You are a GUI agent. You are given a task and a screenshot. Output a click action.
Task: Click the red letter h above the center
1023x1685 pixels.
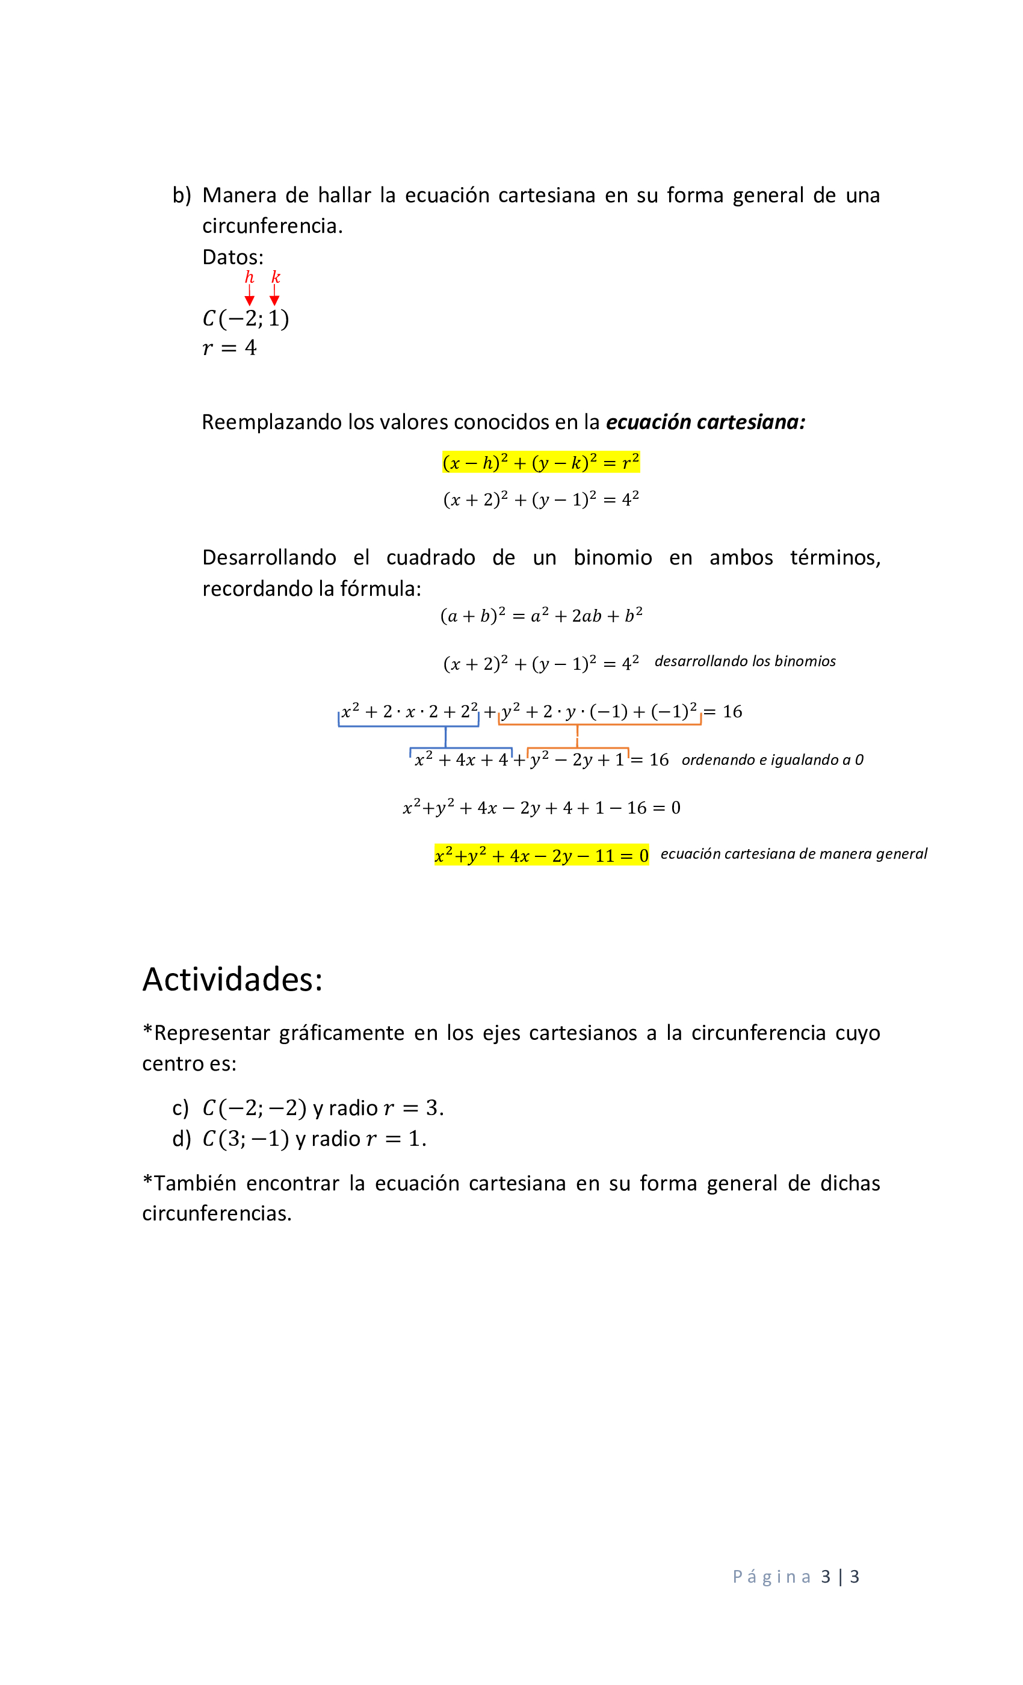(249, 277)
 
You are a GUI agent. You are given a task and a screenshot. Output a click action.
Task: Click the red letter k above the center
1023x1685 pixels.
(275, 277)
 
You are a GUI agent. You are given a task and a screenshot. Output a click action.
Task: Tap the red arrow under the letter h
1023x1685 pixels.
(249, 295)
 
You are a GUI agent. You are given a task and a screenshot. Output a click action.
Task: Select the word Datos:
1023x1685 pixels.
(232, 257)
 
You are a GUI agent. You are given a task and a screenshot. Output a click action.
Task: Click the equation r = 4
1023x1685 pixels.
(229, 348)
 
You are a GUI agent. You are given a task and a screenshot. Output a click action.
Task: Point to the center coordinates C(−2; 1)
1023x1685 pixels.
(246, 319)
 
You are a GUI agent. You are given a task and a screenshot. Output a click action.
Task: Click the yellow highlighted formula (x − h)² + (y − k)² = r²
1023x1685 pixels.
(540, 463)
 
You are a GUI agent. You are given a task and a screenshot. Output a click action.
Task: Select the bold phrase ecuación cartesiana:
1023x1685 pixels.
(705, 422)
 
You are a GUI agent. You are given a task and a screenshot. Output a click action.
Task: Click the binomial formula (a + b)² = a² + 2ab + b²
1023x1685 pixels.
(541, 616)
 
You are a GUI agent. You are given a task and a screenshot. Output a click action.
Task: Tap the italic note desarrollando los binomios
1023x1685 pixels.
(745, 661)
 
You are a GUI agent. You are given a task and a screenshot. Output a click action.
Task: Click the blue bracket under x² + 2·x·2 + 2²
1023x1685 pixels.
(408, 725)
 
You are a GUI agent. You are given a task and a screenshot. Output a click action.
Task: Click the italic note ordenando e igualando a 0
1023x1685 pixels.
(772, 759)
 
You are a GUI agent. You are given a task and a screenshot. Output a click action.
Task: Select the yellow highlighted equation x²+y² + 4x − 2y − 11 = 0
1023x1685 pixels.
(541, 856)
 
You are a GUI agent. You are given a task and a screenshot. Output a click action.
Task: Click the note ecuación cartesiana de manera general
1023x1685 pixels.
(793, 853)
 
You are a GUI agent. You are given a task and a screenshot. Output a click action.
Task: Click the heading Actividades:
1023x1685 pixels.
(232, 979)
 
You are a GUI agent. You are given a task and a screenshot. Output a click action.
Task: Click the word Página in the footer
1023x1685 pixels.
(771, 1577)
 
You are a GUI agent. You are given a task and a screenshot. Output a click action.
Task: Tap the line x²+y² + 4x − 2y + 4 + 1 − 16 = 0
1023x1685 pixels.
(541, 808)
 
